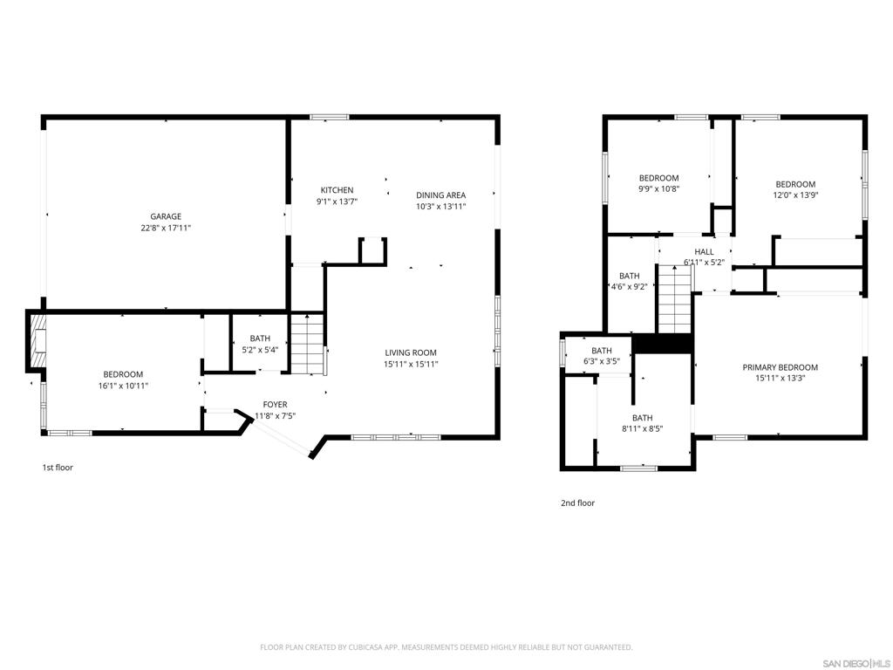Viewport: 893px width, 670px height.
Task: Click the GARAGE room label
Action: point(165,216)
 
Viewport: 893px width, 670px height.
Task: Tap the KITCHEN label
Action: point(337,190)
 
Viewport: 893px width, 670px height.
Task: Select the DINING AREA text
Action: point(440,195)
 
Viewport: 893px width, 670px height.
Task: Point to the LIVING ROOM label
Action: point(411,352)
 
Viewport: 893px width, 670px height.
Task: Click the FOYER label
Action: point(275,405)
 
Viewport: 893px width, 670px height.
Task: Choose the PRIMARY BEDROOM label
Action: point(780,367)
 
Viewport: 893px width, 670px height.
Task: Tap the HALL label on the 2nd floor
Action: point(704,251)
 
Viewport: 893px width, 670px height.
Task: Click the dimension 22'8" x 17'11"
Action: point(165,228)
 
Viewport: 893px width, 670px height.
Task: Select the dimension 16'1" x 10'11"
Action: point(123,385)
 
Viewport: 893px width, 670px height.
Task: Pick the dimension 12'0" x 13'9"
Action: point(795,195)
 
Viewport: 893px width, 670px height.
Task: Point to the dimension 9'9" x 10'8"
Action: point(658,188)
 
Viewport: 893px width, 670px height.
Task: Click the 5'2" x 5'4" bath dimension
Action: point(260,350)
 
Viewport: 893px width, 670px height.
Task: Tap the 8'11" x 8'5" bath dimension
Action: point(642,428)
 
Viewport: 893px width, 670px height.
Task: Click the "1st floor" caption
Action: point(58,468)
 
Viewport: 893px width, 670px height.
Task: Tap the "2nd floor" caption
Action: point(577,502)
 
